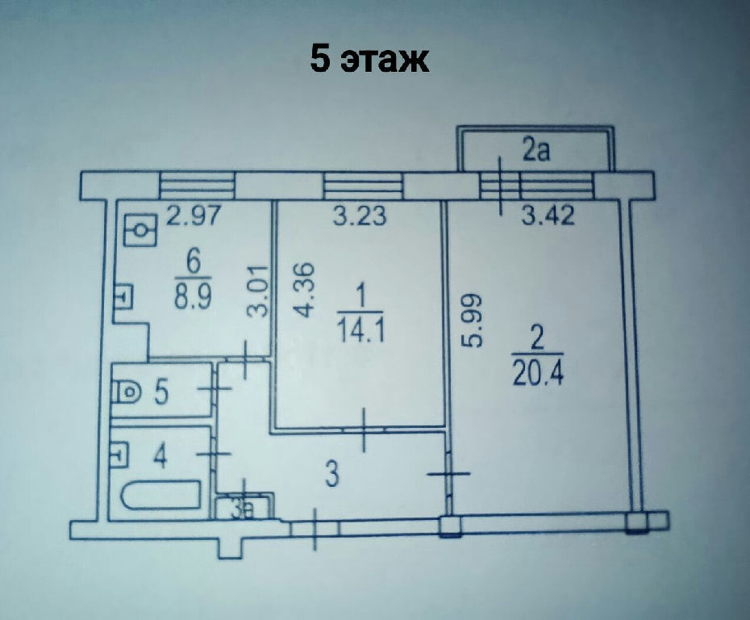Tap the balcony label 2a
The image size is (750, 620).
point(535,150)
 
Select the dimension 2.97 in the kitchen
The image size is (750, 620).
point(194,215)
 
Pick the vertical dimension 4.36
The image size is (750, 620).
point(304,290)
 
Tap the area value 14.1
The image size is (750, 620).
point(361,330)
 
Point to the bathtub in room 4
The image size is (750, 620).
point(160,495)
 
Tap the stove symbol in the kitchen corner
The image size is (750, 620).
point(140,230)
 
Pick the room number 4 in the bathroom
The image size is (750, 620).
point(160,456)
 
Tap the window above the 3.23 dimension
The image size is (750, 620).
point(363,186)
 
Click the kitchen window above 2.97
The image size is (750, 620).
point(197,186)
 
